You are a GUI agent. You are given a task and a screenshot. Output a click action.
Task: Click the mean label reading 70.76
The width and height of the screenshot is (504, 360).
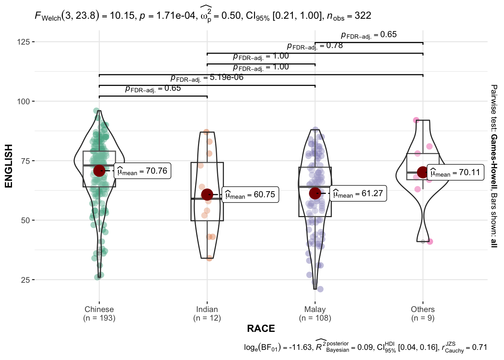point(142,171)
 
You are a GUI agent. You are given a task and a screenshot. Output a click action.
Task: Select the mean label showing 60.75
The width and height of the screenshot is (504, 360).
point(250,195)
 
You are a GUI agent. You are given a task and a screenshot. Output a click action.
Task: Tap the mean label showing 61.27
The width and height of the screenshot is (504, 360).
point(358,193)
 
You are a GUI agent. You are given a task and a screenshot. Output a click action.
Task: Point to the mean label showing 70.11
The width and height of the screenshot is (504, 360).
point(455,172)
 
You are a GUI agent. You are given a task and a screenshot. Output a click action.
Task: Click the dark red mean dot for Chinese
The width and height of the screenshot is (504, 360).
point(99,171)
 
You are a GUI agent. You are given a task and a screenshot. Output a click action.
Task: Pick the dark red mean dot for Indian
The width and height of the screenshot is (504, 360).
point(207,194)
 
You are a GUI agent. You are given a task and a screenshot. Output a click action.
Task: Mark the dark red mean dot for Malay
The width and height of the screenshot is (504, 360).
point(315,193)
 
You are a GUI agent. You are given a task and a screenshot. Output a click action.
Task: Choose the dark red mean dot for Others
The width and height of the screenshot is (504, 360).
point(423,172)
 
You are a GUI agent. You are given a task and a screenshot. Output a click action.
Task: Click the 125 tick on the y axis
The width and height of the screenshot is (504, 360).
point(23,42)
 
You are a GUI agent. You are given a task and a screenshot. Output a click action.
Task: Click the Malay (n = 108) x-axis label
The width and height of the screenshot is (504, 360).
point(315,313)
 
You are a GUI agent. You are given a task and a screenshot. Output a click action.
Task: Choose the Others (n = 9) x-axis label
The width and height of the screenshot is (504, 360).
point(423,313)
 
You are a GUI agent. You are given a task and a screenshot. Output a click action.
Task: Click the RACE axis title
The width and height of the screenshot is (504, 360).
point(261,328)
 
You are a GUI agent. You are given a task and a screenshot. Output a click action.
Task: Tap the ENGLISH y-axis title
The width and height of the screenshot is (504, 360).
point(9,166)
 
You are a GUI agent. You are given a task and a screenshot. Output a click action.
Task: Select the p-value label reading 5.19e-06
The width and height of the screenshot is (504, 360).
point(207,78)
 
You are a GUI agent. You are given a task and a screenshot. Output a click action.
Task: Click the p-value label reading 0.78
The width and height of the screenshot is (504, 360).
point(315,46)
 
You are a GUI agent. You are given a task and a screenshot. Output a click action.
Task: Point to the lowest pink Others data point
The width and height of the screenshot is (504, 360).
point(430,241)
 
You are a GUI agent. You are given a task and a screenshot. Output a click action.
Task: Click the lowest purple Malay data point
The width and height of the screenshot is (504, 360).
point(320,289)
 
